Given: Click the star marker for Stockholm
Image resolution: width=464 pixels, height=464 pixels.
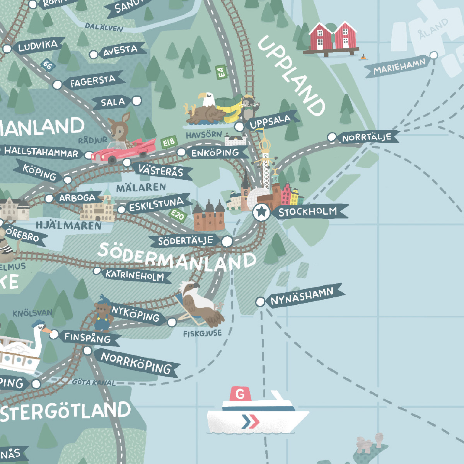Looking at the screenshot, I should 262,212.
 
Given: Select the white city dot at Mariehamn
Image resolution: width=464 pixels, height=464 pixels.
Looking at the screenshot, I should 434,55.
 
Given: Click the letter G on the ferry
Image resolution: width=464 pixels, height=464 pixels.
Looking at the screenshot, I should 240,394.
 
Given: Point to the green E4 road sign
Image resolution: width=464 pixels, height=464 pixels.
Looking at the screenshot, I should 221,72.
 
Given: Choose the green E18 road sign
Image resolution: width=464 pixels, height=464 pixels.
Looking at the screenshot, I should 169,142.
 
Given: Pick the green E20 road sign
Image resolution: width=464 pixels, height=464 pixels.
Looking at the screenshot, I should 178,215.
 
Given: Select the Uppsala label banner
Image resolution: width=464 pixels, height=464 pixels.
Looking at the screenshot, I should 271,122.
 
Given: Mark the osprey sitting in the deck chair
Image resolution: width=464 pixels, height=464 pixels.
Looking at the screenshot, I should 199,304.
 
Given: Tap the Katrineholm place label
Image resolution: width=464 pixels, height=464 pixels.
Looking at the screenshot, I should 135,275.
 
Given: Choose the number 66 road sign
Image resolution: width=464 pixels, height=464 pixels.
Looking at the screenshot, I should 47,65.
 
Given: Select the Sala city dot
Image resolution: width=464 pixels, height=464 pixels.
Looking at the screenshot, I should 136,101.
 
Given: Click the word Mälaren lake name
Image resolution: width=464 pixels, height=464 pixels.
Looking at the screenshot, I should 141,188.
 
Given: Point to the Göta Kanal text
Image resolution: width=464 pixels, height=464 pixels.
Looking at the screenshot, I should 94,382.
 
